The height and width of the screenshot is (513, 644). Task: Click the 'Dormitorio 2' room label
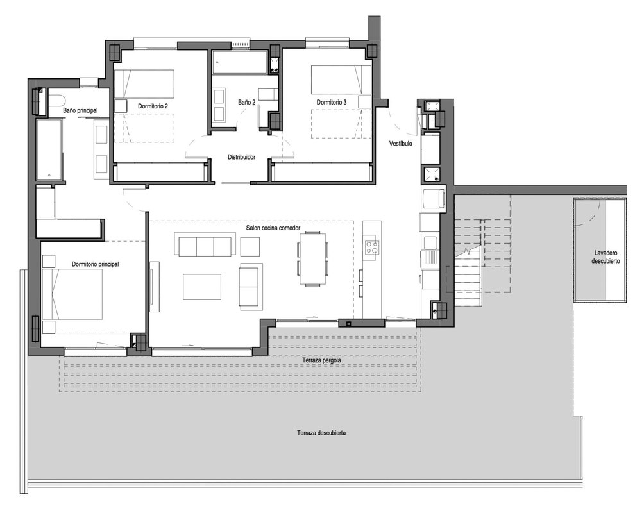[153, 106]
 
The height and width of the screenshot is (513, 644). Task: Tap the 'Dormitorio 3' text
[332, 102]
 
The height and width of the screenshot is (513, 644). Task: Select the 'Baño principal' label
[80, 110]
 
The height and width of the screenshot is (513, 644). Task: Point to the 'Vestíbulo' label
[400, 144]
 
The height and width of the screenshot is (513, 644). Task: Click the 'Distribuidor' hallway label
[241, 157]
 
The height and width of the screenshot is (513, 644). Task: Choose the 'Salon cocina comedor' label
[273, 228]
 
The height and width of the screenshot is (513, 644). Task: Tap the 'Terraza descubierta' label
[321, 433]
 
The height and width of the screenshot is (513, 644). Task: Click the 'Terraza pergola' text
[321, 360]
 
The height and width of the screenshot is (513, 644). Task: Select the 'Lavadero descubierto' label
[606, 256]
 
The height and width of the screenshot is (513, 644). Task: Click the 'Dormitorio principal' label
[96, 264]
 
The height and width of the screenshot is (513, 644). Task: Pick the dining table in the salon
[313, 258]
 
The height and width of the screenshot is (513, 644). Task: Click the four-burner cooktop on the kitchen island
[373, 248]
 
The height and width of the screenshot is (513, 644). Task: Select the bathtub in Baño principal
[49, 149]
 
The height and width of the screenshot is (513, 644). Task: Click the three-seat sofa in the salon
[205, 245]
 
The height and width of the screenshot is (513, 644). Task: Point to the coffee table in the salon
[202, 287]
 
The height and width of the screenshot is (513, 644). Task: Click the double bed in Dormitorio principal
[72, 294]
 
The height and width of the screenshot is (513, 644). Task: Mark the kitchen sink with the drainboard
[430, 251]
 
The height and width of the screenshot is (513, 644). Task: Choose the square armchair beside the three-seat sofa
[250, 247]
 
